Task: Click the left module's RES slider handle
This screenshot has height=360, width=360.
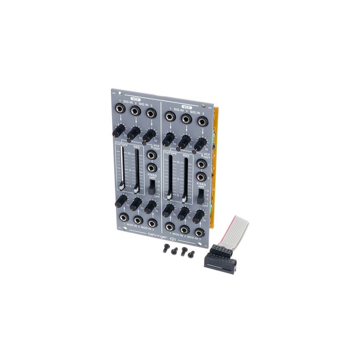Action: coord(136,188)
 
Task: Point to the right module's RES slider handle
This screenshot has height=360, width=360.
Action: coord(184,198)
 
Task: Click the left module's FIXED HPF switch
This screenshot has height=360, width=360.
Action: coord(152,187)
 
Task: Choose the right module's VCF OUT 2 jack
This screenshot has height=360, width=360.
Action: coord(201,177)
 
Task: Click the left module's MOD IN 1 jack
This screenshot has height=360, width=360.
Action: coord(124,217)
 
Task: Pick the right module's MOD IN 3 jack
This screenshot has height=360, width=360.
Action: coord(199,232)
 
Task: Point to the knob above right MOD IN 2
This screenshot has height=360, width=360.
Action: coord(183,213)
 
